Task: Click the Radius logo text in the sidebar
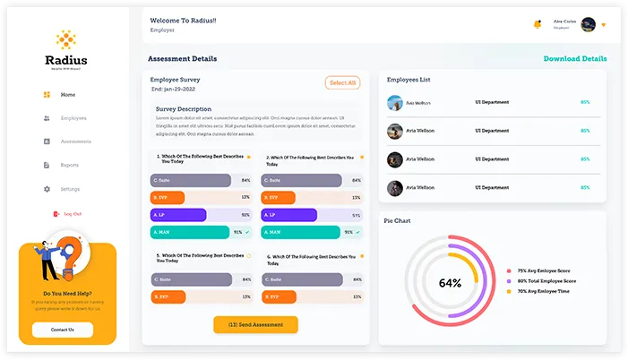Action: (x=66, y=60)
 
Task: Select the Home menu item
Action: (x=68, y=95)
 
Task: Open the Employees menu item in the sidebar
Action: (x=73, y=118)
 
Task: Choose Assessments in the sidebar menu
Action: (x=75, y=141)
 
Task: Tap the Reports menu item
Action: (x=70, y=166)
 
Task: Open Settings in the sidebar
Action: (x=70, y=189)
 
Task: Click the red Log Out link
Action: (x=73, y=214)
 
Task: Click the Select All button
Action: (x=342, y=82)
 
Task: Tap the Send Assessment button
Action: (x=255, y=324)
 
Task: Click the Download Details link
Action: (x=575, y=59)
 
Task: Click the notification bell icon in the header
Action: (x=538, y=24)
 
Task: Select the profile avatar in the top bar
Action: (x=588, y=24)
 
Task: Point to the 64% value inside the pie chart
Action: (x=450, y=283)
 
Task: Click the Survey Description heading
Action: (x=184, y=109)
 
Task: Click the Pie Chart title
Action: (x=397, y=220)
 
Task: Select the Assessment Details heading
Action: (x=182, y=59)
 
